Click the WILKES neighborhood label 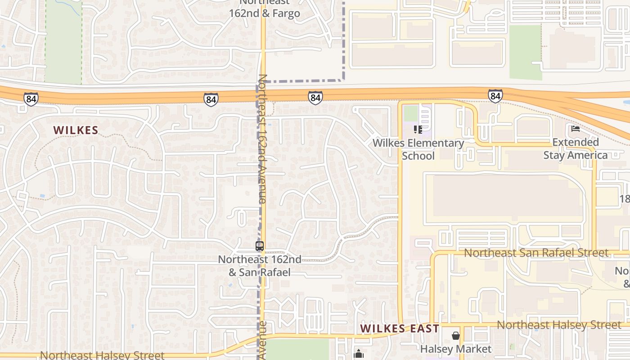[76, 130]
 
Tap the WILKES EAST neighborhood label [400, 328]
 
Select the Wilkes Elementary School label [418, 149]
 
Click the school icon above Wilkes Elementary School [418, 130]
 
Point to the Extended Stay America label [576, 149]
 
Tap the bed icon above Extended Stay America [575, 129]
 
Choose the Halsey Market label [456, 349]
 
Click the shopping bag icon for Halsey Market [456, 336]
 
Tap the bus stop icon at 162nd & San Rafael [260, 246]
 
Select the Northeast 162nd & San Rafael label [260, 266]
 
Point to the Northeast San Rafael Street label [536, 253]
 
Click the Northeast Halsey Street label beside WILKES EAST [558, 325]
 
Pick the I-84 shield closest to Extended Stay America [495, 96]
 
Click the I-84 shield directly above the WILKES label [31, 99]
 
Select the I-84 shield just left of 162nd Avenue [211, 99]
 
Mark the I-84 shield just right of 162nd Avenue [315, 97]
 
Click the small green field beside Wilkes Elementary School [410, 113]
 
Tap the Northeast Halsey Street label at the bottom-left [102, 355]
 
